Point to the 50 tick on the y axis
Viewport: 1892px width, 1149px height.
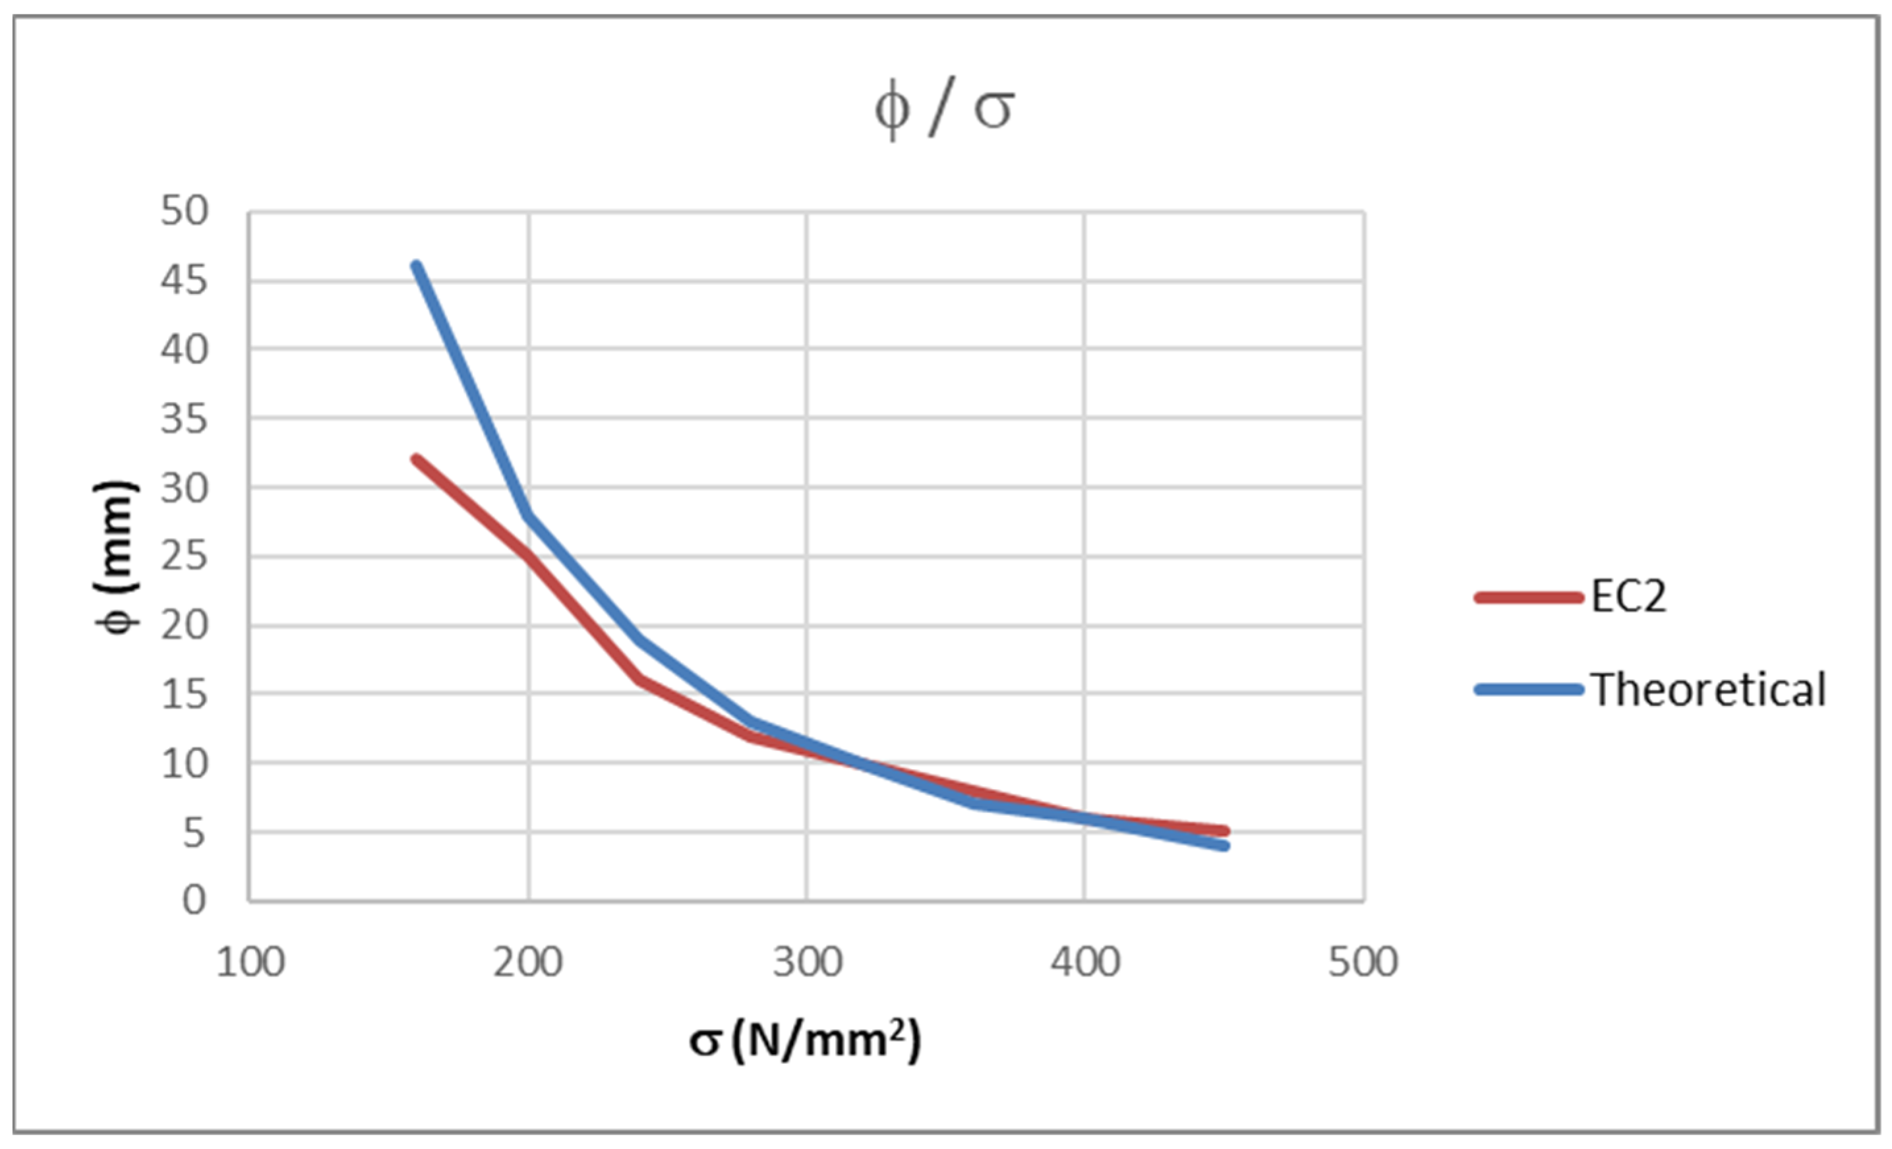point(185,210)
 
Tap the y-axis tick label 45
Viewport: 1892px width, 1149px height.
point(185,280)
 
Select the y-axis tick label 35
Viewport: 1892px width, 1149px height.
point(185,419)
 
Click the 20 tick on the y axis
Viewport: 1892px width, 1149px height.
point(185,626)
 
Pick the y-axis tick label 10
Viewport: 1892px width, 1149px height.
point(185,764)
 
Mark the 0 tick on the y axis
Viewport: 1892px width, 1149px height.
point(194,900)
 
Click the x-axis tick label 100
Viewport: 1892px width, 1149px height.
point(251,962)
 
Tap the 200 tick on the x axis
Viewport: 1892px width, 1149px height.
point(528,962)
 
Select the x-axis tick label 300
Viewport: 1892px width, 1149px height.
point(807,962)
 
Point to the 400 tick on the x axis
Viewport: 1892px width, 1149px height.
point(1085,962)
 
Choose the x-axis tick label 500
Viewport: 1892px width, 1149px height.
point(1363,962)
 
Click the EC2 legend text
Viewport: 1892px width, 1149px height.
point(1628,597)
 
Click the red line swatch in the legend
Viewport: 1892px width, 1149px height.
point(1528,597)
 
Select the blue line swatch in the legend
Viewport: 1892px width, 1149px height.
point(1528,689)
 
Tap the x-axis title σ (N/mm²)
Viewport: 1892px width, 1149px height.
point(805,1041)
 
